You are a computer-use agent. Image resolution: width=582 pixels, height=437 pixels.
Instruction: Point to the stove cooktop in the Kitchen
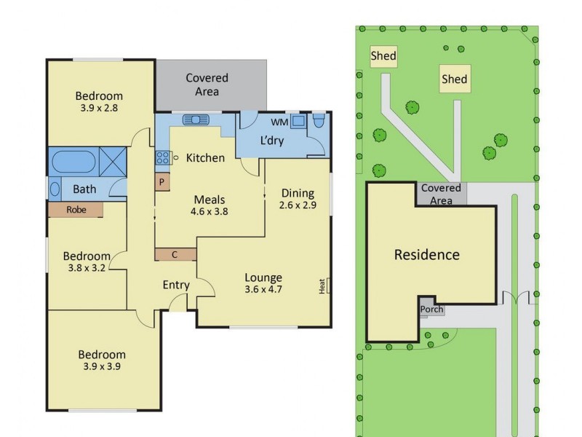[162, 157]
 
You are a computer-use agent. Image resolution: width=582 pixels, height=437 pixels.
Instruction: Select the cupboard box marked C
[175, 254]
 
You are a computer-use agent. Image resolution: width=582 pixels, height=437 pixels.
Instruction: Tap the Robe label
[76, 210]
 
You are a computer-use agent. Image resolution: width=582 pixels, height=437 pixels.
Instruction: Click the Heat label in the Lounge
[322, 286]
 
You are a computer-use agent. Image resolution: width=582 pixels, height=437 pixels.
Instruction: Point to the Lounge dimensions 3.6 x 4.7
[263, 289]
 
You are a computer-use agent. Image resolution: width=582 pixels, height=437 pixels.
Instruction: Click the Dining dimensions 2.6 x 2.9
[298, 205]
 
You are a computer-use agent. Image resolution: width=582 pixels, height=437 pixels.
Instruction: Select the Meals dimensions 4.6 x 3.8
[209, 212]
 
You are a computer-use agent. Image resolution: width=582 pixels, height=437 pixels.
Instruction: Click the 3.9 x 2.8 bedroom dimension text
[99, 108]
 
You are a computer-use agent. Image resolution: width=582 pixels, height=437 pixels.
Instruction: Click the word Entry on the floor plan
[175, 285]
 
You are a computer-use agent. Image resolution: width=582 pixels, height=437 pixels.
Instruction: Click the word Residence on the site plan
[426, 255]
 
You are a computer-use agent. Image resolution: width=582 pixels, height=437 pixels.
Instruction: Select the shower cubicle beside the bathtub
[112, 160]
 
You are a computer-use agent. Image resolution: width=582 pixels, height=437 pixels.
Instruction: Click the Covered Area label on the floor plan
[207, 84]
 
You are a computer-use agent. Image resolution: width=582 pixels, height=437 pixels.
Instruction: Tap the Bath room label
[84, 189]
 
